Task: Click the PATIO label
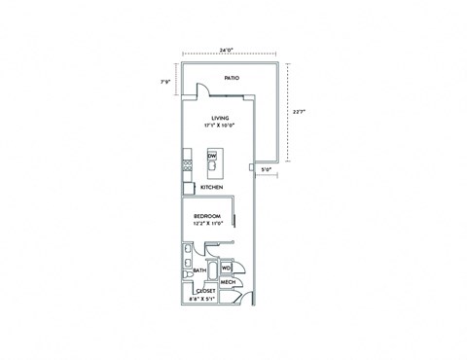coord(231,78)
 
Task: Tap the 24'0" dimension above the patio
coord(227,49)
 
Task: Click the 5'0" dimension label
coord(267,170)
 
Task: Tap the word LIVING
coord(220,117)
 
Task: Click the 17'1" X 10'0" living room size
coord(220,126)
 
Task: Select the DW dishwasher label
coord(213,156)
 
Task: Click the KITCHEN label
coord(212,188)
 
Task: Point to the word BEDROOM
coord(207,215)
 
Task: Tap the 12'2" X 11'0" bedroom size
coord(207,223)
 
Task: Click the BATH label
coord(198,270)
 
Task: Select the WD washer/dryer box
coord(226,267)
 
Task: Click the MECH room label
coord(228,283)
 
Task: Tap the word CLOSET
coord(206,290)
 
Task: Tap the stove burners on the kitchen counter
coord(186,166)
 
